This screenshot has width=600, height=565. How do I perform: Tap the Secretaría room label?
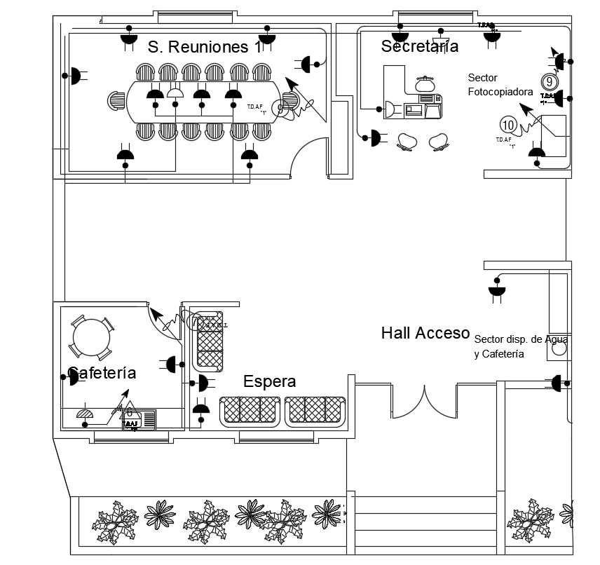[419, 46]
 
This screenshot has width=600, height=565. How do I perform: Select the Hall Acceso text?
[425, 333]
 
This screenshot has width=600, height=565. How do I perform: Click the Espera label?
[269, 381]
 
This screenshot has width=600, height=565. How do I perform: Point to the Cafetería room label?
[102, 372]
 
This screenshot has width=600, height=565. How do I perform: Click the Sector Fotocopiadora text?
[500, 84]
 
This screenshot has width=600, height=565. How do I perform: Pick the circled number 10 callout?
[509, 125]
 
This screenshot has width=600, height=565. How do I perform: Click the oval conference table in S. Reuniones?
[203, 103]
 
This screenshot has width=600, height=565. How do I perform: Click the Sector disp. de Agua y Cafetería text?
[520, 346]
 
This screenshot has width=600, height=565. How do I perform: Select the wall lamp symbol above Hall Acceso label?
[497, 290]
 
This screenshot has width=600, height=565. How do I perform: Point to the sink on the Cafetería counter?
[132, 422]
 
